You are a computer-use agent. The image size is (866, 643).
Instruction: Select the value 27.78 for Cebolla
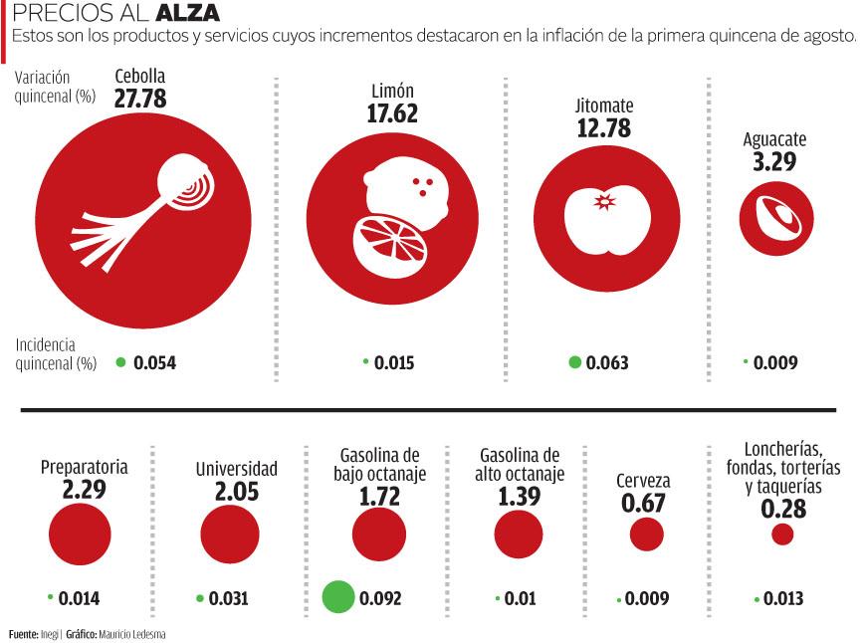[x=140, y=98]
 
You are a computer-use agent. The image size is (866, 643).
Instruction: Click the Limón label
[x=392, y=92]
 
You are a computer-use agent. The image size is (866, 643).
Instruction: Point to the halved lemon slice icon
[x=388, y=240]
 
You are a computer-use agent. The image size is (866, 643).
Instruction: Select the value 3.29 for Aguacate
[x=774, y=161]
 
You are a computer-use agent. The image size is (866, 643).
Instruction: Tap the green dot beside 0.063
[x=574, y=362]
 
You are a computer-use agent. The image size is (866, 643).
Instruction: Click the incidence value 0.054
[x=154, y=363]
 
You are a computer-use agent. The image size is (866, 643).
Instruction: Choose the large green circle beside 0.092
[x=338, y=596]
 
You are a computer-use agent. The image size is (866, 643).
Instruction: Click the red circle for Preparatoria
[x=71, y=534]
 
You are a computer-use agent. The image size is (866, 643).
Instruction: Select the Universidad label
[x=236, y=469]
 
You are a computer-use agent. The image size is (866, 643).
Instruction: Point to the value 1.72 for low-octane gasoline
[x=379, y=497]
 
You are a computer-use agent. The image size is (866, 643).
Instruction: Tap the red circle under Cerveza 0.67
[x=647, y=535]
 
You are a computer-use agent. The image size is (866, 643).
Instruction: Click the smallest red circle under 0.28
[x=782, y=535]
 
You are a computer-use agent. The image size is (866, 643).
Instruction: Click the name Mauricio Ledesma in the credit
[x=130, y=634]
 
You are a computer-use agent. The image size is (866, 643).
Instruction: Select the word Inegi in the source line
[x=49, y=634]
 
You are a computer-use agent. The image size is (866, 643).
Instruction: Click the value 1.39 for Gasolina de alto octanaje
[x=519, y=497]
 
